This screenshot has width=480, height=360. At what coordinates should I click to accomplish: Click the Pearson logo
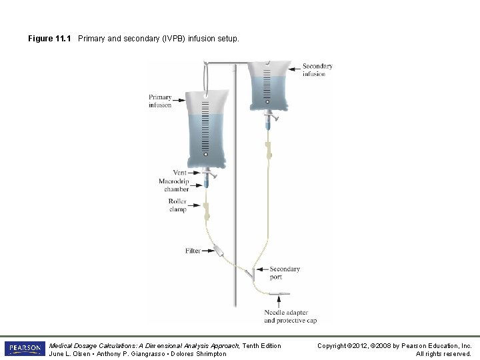[x=24, y=349]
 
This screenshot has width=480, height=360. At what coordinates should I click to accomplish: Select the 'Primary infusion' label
[x=160, y=101]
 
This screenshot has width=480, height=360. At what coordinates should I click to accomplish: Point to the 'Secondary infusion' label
[x=317, y=70]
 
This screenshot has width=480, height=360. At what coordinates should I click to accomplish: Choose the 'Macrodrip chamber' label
[x=174, y=185]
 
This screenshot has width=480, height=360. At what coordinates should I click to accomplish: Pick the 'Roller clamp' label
[x=178, y=205]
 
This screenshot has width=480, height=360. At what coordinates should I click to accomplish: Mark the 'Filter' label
[x=193, y=251]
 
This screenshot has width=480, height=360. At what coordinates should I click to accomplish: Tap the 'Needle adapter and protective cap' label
[x=290, y=316]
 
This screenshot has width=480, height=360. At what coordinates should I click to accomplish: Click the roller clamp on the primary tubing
[x=207, y=212]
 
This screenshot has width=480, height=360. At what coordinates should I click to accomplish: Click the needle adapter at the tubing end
[x=281, y=294]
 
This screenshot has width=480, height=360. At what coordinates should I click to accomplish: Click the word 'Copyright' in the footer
[x=332, y=345]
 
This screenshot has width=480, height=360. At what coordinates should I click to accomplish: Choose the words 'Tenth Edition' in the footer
[x=260, y=345]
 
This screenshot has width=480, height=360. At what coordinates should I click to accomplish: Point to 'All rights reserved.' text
[x=443, y=353]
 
